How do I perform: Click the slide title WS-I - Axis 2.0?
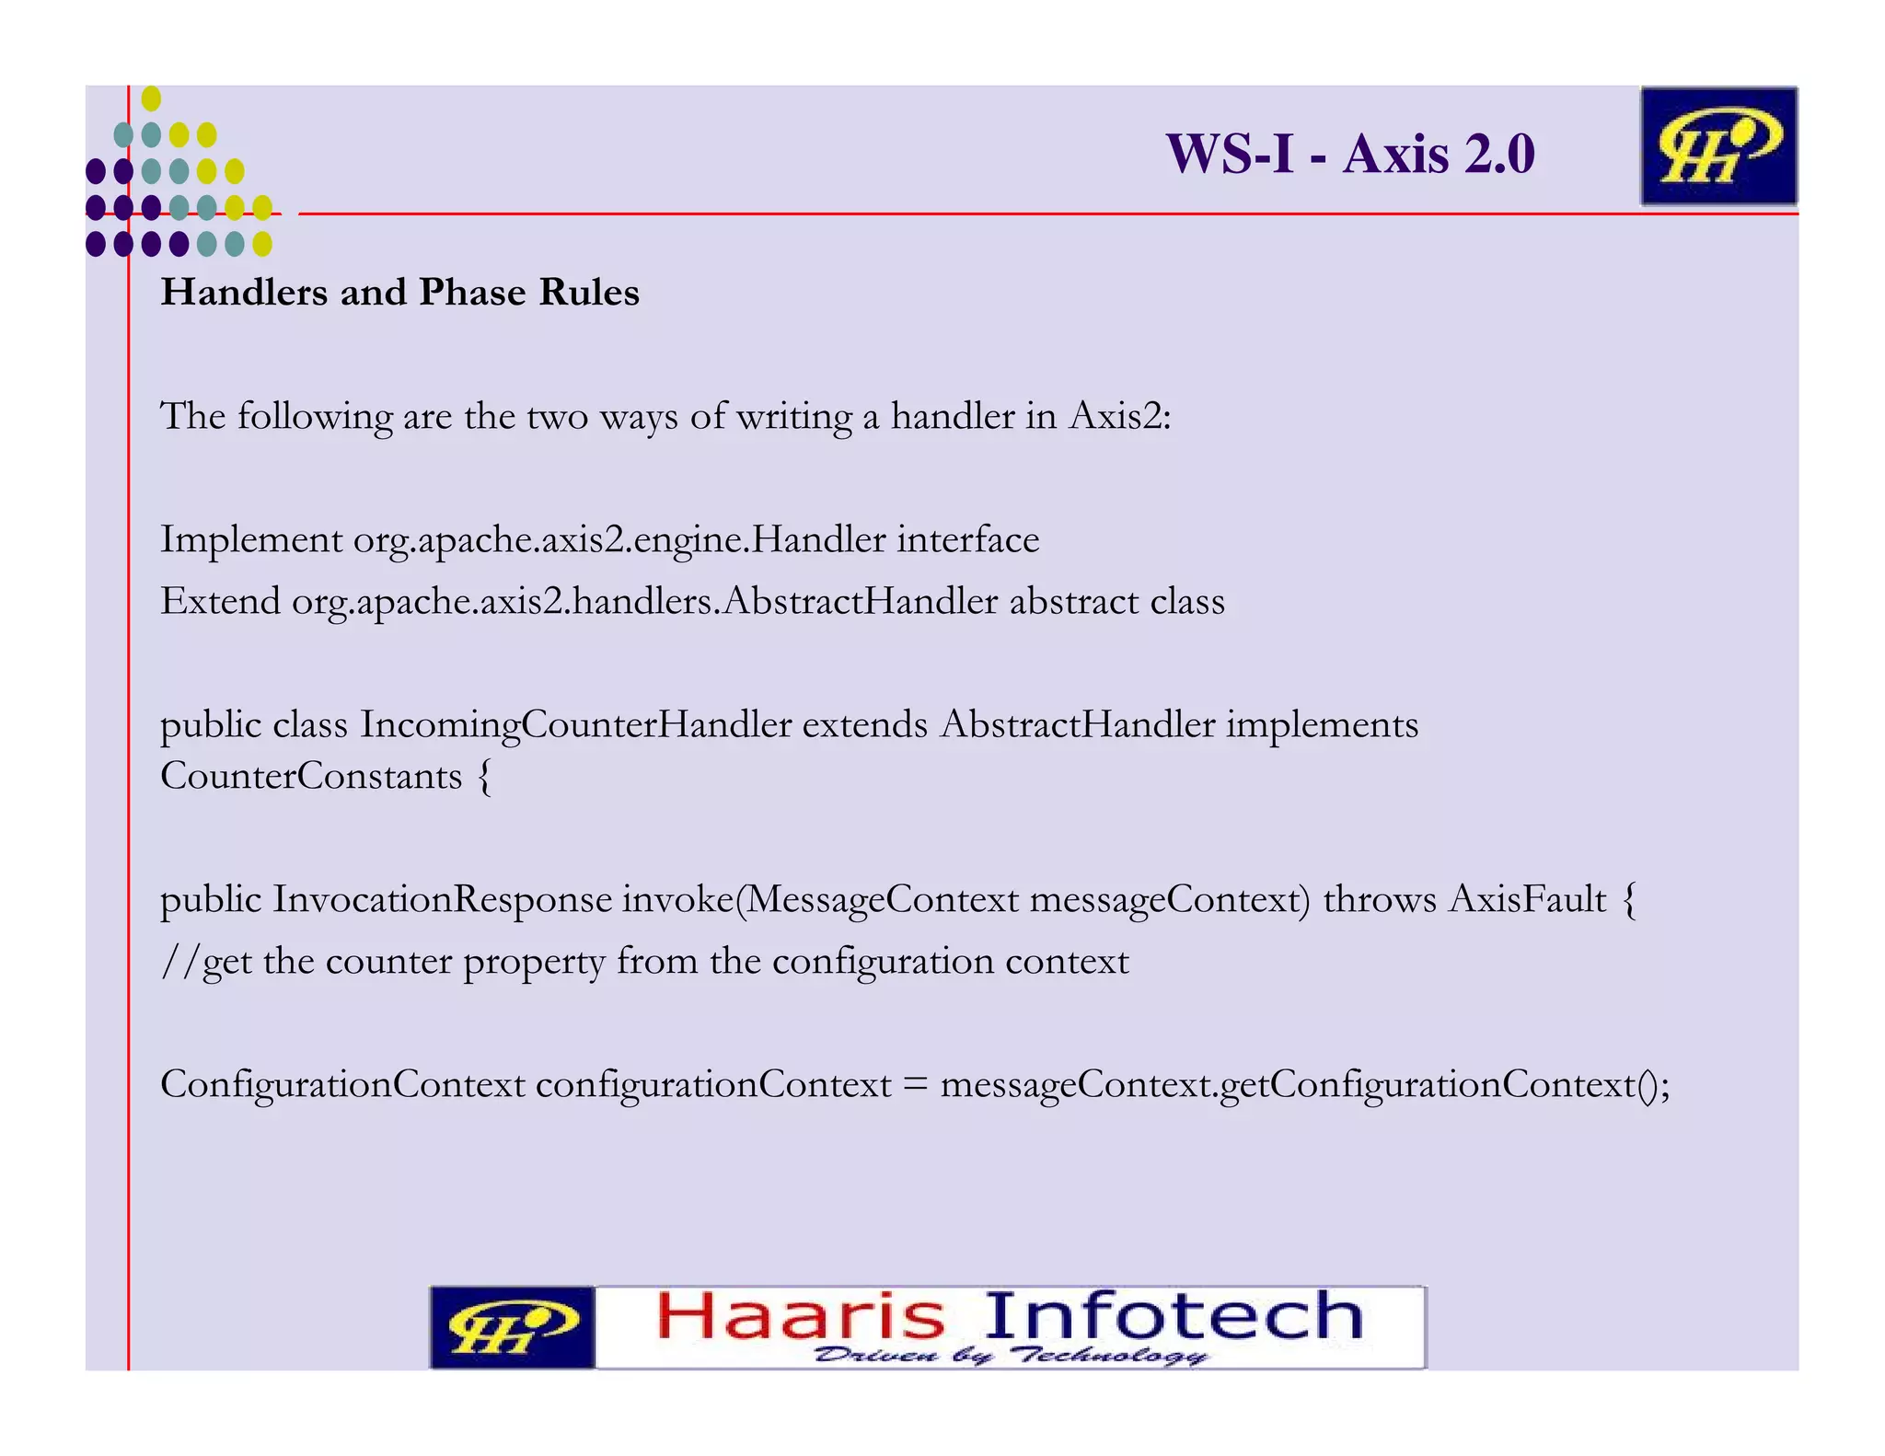tap(1349, 154)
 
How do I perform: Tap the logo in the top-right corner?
tap(1717, 146)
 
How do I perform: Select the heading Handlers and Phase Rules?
tap(399, 293)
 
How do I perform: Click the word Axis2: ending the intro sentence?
tap(1120, 417)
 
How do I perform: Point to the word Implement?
tap(251, 539)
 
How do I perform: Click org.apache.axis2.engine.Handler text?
tap(619, 540)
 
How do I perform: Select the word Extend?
tap(221, 602)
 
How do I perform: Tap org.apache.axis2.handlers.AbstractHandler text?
tap(644, 602)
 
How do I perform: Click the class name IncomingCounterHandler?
tap(575, 725)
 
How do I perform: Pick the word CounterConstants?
tap(311, 777)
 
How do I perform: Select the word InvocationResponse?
tap(442, 900)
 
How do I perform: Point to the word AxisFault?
tap(1527, 900)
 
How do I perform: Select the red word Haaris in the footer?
tap(801, 1316)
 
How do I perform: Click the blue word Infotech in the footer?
tap(1174, 1316)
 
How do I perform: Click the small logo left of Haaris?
tap(512, 1328)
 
